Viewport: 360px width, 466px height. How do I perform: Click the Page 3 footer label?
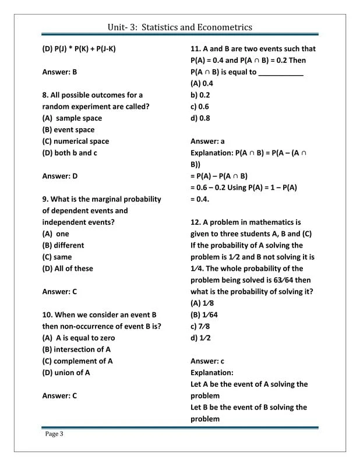[x=54, y=433]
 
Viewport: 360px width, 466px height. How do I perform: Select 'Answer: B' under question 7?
[x=59, y=72]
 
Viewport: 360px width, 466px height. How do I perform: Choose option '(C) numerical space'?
[x=76, y=142]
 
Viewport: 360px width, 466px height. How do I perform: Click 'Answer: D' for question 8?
[x=60, y=176]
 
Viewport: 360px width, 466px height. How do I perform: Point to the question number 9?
[x=45, y=199]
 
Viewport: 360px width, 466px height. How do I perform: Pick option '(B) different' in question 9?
[x=63, y=245]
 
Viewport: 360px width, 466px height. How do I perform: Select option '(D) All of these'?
[x=68, y=269]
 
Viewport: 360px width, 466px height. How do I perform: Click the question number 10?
[x=48, y=315]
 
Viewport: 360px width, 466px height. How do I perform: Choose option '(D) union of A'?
[x=66, y=373]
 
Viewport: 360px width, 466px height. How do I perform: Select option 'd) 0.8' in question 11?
[x=200, y=118]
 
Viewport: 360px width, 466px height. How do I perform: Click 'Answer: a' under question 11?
[x=207, y=142]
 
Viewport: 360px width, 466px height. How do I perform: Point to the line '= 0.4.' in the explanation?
[x=201, y=199]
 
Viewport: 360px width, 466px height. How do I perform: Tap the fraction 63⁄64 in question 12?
[x=287, y=280]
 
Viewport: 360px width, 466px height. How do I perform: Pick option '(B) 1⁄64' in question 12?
[x=203, y=315]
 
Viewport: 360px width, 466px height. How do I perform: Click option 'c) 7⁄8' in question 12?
[x=200, y=326]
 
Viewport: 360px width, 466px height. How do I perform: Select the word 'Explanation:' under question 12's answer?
[x=212, y=373]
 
